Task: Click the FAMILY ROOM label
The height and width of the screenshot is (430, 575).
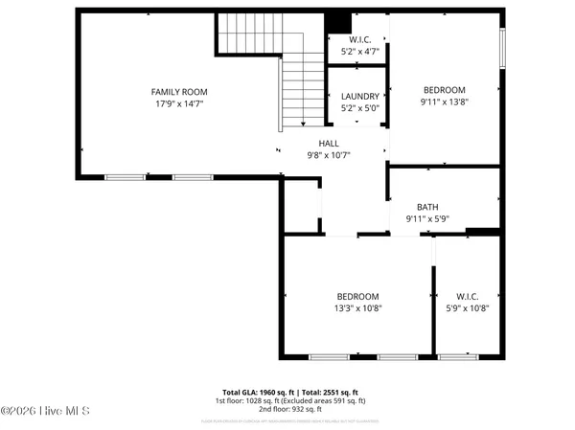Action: pos(178,91)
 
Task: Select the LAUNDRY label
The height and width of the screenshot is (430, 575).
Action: pos(360,97)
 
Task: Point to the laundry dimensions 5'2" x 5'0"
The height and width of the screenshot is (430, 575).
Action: pos(360,108)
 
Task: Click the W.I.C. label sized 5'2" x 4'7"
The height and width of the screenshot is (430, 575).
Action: pos(360,39)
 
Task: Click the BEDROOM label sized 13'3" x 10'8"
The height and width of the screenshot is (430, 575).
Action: pos(357,297)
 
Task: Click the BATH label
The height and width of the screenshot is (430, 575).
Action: pos(427,207)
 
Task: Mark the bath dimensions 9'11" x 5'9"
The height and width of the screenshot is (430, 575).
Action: pos(427,218)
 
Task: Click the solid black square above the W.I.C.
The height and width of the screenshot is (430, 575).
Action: pos(337,23)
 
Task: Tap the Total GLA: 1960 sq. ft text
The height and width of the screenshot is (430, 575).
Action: pos(258,393)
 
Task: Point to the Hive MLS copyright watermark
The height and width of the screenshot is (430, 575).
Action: pos(45,411)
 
